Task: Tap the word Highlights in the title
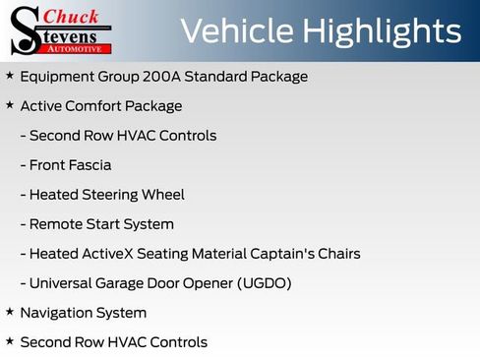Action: click(381, 31)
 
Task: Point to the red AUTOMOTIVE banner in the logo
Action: click(80, 47)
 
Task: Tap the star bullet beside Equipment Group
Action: click(10, 76)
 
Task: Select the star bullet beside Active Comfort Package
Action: click(10, 105)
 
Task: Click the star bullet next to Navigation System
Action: click(10, 312)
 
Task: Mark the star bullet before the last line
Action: click(10, 341)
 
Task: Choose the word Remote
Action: click(57, 224)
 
